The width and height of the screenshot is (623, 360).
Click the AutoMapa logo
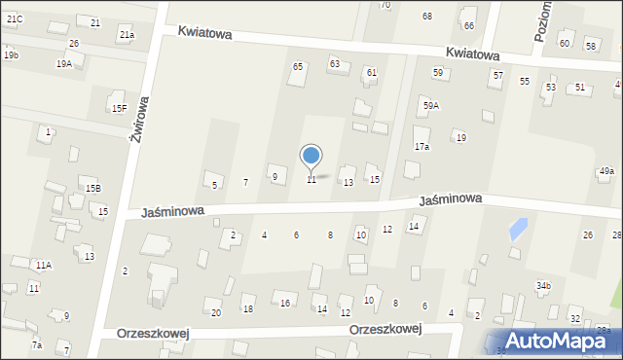tap(559, 342)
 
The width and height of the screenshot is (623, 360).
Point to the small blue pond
tap(518, 231)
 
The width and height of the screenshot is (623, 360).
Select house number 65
tap(298, 66)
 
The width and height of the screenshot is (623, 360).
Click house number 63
tap(334, 63)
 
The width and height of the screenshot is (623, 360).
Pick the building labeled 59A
tap(430, 104)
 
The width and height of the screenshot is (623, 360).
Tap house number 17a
tap(421, 146)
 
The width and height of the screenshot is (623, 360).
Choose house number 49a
tap(606, 171)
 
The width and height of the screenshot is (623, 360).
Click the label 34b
tap(543, 285)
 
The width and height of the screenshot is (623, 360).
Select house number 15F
tap(119, 108)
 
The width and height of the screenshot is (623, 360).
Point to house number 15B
tap(92, 188)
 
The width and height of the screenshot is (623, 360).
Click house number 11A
tap(44, 265)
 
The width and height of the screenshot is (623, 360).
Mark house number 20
tap(216, 312)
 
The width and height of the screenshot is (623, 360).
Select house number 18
tap(248, 309)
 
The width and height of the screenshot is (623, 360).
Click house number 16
tap(285, 304)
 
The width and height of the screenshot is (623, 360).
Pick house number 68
tap(426, 17)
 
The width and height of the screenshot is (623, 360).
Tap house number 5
tap(214, 185)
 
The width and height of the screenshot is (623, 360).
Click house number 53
tap(550, 88)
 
